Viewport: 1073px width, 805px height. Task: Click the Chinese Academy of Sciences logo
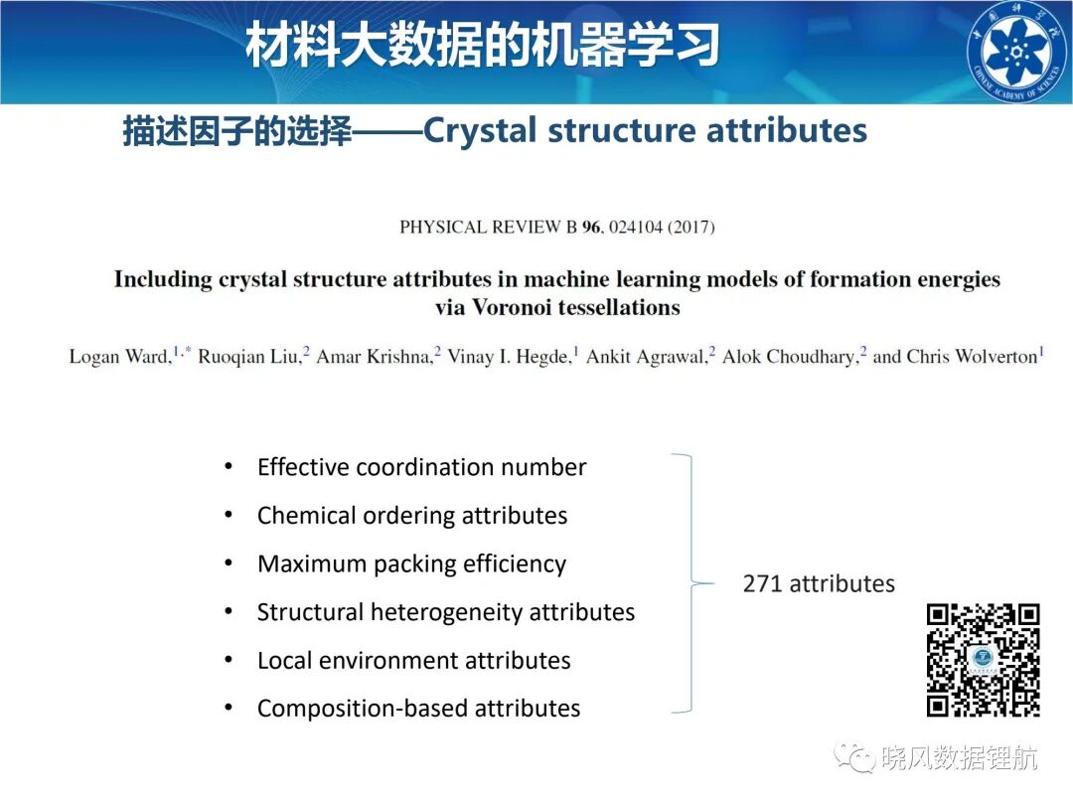(1018, 52)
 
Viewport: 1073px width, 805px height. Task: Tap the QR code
(984, 660)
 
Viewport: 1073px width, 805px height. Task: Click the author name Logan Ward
(120, 357)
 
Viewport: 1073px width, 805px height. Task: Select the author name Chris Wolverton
(972, 357)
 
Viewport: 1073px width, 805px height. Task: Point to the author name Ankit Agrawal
(645, 357)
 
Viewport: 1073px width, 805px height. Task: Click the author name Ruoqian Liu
(247, 357)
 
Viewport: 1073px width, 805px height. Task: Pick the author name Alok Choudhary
(788, 357)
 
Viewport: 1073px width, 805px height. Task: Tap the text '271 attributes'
(819, 584)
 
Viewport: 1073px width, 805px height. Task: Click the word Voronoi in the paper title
(512, 307)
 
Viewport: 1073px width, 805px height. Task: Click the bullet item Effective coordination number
(421, 467)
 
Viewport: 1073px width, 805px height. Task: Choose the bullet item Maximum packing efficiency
(412, 564)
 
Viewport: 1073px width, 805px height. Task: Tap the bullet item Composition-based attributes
(419, 709)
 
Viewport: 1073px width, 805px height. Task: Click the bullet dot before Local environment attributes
(229, 660)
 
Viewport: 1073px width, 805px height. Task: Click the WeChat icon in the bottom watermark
(853, 757)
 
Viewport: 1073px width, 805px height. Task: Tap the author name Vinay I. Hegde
(509, 357)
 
